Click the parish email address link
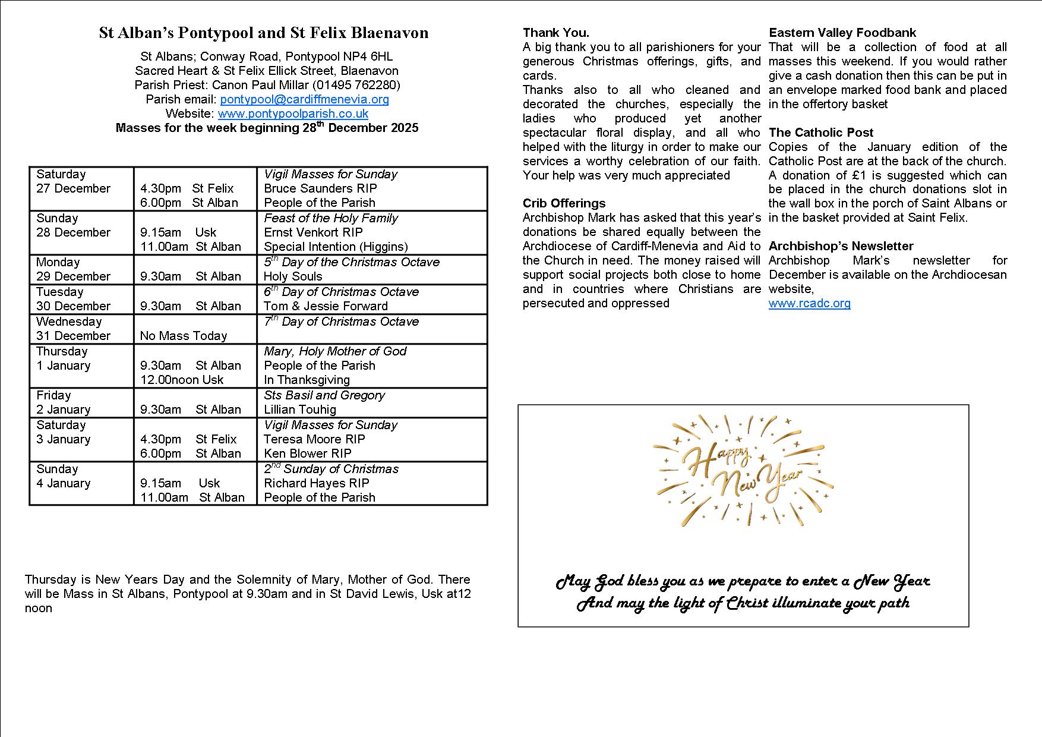(x=304, y=99)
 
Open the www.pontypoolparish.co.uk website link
(x=293, y=114)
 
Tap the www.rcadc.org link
(x=809, y=303)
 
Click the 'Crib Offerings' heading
(x=564, y=203)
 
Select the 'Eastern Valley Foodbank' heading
(x=842, y=33)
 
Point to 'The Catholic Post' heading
(x=821, y=133)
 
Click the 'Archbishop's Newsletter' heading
(x=841, y=246)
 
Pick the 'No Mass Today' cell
(x=184, y=336)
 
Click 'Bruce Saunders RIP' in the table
(x=320, y=188)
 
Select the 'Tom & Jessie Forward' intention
(x=326, y=306)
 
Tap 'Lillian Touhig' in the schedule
(x=300, y=410)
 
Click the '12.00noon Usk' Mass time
(x=182, y=380)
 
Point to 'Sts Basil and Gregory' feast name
(x=324, y=395)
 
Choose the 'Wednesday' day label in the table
(x=69, y=322)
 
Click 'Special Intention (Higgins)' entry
(x=336, y=247)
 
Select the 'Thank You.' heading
(x=556, y=33)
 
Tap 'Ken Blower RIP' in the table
(x=307, y=453)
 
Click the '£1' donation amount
(x=873, y=175)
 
